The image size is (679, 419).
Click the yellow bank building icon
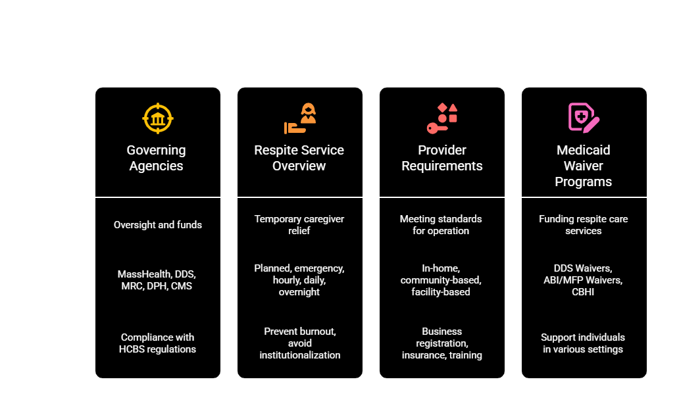click(x=158, y=118)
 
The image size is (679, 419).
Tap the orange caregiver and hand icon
click(x=300, y=118)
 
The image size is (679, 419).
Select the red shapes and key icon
click(x=442, y=118)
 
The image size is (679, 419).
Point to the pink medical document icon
click(x=584, y=117)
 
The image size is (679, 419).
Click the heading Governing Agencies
click(x=157, y=158)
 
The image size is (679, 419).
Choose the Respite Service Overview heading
click(x=299, y=158)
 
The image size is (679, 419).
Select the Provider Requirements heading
click(x=442, y=158)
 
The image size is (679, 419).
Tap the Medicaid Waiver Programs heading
click(x=584, y=166)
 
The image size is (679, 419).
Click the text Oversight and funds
click(x=158, y=225)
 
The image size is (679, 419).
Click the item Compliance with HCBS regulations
click(x=158, y=343)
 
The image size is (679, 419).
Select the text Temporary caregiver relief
click(x=299, y=225)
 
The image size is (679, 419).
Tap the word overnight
click(x=299, y=292)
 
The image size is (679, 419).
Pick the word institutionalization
click(x=299, y=355)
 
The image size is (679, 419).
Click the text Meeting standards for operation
click(x=441, y=225)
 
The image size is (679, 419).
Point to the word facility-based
click(x=441, y=292)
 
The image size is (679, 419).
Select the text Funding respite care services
click(x=584, y=225)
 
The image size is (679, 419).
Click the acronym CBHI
click(x=583, y=292)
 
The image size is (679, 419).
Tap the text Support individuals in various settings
click(x=583, y=343)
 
